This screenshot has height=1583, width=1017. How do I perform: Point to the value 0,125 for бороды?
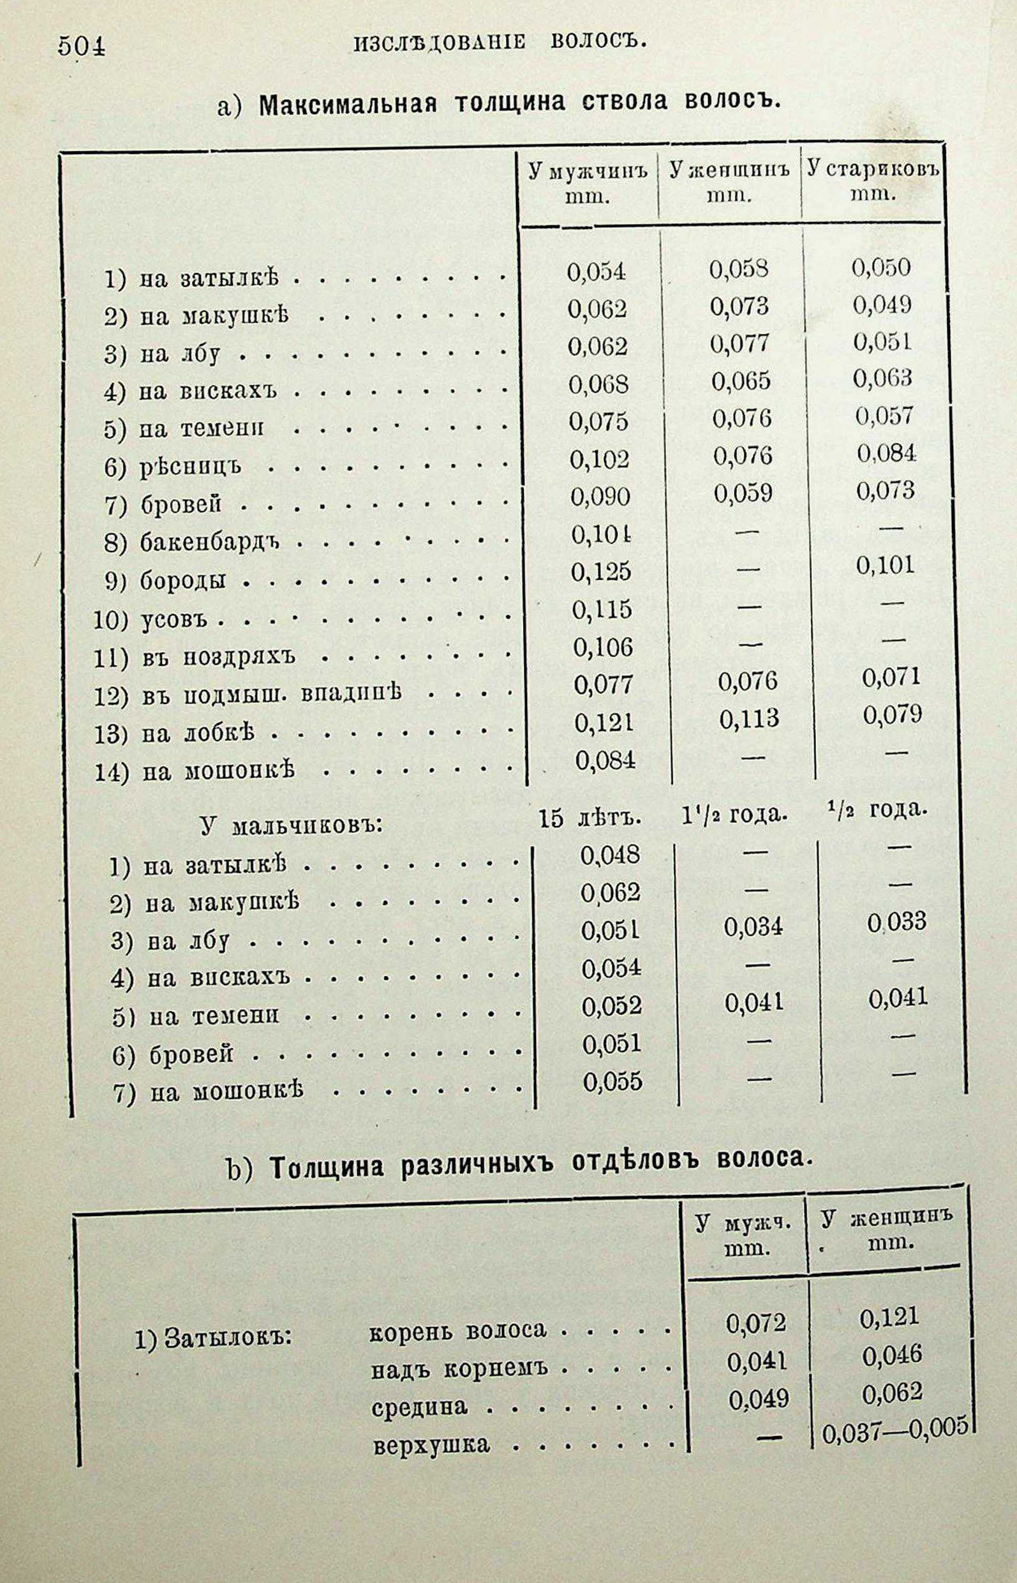(x=602, y=571)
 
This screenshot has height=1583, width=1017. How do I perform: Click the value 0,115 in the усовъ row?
(x=602, y=608)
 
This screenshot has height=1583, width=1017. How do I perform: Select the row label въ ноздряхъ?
(x=219, y=657)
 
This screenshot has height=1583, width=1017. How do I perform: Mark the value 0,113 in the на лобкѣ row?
(x=749, y=719)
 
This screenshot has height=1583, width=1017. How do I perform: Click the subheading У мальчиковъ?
(x=290, y=826)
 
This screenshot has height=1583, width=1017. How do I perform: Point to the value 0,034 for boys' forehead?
(x=753, y=927)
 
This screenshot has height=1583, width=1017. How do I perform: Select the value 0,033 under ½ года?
(x=897, y=922)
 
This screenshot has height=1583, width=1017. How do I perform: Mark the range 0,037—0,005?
(x=895, y=1429)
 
